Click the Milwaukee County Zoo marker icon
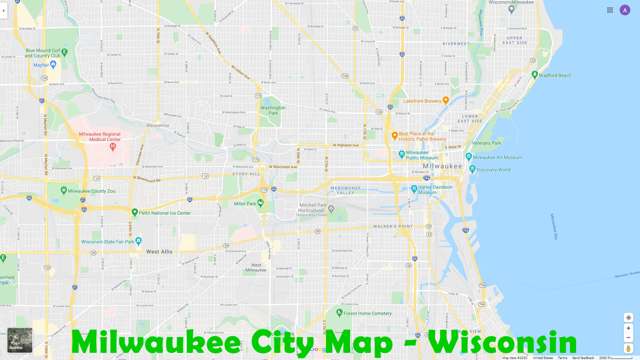64,190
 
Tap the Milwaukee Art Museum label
497,157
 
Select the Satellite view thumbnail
20,340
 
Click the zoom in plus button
628,328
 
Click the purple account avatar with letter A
625,10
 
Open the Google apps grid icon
610,10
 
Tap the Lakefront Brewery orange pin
446,100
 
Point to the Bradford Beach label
555,75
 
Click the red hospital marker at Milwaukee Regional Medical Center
113,146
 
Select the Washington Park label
273,110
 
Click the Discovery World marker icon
472,169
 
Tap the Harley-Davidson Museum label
435,190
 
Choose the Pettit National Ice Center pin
135,212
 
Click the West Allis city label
159,252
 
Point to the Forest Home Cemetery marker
339,312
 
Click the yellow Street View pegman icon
628,349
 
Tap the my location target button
628,318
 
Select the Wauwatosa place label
158,125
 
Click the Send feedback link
583,358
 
